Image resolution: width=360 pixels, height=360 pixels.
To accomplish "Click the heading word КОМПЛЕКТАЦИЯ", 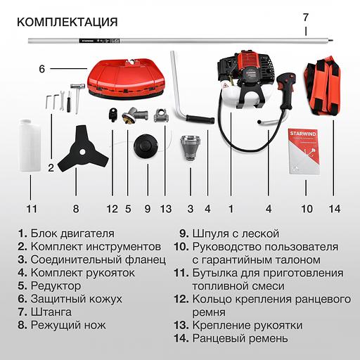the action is [x=67, y=22].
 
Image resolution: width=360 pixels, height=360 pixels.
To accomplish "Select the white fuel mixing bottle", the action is [x=30, y=146].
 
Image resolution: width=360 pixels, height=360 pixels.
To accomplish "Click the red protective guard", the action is [x=126, y=79].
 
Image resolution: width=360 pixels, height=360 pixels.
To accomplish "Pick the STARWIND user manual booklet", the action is [x=304, y=151].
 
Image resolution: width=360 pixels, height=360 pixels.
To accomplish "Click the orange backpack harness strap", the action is [x=322, y=86].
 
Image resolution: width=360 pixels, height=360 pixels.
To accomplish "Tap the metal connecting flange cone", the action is [x=191, y=147].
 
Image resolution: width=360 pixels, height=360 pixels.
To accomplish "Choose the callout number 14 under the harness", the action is [x=335, y=209].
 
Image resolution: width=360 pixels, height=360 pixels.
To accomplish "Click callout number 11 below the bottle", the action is [x=32, y=209].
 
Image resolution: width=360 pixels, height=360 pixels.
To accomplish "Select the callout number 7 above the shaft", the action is [x=305, y=18].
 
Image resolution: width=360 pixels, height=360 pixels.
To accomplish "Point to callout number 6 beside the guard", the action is [x=41, y=69].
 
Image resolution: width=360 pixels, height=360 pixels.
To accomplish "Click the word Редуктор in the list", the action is [x=56, y=286].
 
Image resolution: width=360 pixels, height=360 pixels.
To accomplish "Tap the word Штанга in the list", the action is [x=51, y=312].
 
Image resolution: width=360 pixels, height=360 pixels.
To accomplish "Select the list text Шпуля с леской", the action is [x=236, y=233].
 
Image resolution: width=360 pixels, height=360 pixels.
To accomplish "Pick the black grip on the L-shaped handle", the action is [x=200, y=119].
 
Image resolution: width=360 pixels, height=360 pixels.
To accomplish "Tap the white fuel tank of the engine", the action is [x=231, y=96].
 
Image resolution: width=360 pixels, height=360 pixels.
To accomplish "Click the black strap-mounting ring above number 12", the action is [x=113, y=115].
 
